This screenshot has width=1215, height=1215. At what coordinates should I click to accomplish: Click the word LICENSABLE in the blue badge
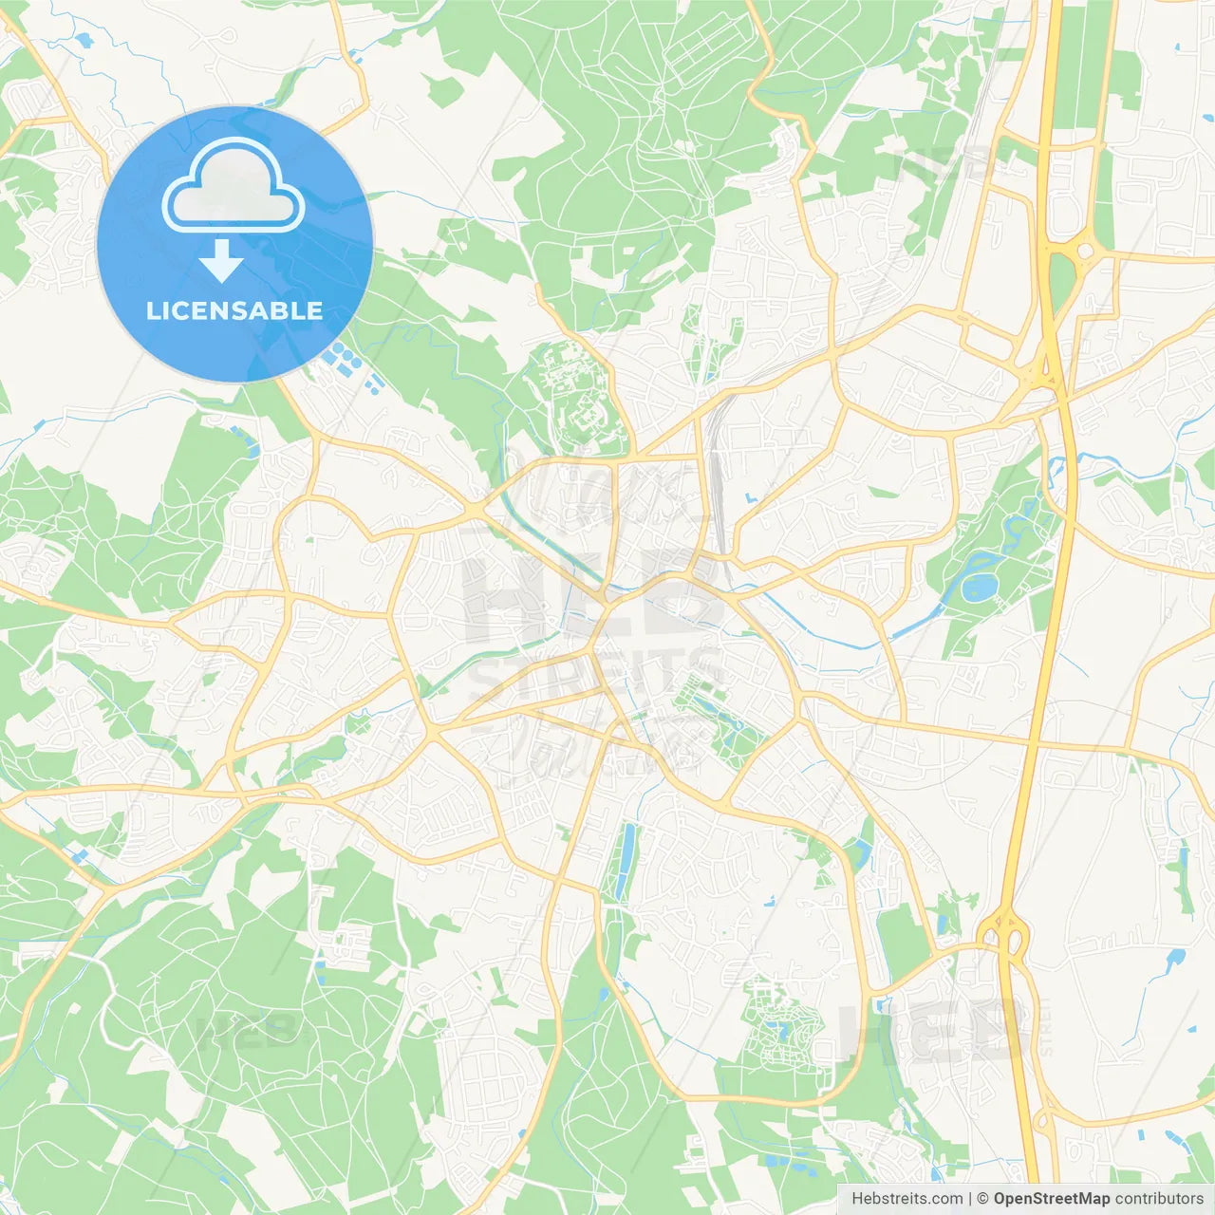[x=234, y=310]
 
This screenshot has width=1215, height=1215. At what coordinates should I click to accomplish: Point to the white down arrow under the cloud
[x=221, y=261]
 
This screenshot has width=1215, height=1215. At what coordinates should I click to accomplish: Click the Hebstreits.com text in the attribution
[x=907, y=1199]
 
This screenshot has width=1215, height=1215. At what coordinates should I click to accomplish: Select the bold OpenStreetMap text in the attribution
[x=1051, y=1199]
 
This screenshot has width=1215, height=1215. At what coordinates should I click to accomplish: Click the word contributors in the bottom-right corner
[x=1159, y=1199]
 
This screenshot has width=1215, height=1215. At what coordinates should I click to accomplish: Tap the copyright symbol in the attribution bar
[x=982, y=1199]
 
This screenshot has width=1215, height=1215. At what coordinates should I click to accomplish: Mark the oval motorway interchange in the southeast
[x=1004, y=935]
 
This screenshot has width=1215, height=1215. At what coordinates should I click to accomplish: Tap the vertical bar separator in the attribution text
[x=970, y=1199]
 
